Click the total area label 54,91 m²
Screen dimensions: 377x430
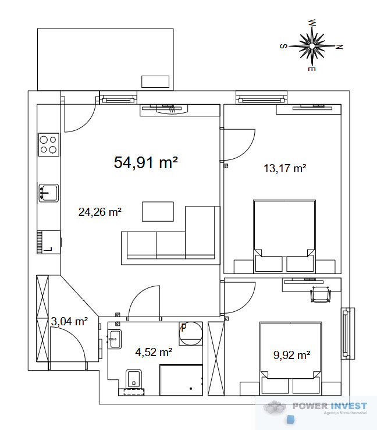pos(145,162)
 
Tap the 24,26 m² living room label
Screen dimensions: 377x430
pos(100,212)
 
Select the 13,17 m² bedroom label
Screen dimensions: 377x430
pos(285,168)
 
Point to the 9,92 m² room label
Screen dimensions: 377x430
pos(291,355)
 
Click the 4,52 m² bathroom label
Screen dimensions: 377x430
pos(154,352)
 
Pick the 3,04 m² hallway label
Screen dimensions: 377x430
pos(69,321)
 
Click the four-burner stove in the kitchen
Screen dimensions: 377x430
pos(49,144)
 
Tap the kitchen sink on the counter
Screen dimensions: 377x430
pos(48,193)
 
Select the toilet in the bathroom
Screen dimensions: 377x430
pos(134,378)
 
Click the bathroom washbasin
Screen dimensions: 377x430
pos(115,339)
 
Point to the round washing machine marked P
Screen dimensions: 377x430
pos(191,333)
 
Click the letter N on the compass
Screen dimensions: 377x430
pos(339,47)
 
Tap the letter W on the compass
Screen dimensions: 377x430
pos(312,23)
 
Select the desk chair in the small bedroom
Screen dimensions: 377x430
pos(321,294)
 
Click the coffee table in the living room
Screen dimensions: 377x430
pos(158,211)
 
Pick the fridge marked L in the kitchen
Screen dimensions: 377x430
pos(48,242)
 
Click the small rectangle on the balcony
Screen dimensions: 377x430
pos(155,81)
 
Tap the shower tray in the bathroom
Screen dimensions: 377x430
pos(181,380)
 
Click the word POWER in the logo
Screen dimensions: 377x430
pos(310,406)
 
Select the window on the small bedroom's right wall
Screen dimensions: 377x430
pos(348,333)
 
